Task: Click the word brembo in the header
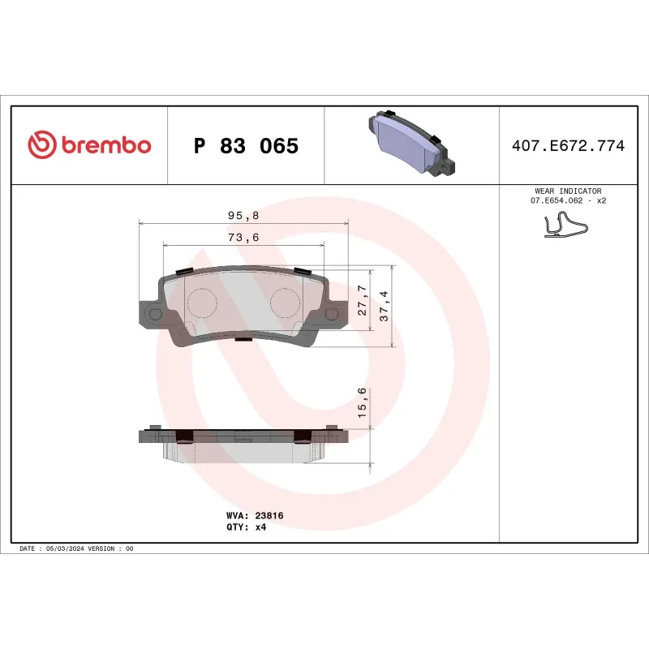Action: (105, 145)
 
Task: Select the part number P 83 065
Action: (246, 146)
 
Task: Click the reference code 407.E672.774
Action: (568, 146)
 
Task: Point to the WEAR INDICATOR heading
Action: (568, 191)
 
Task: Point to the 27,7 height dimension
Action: (363, 300)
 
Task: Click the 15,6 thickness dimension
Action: (363, 403)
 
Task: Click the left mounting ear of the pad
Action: (150, 314)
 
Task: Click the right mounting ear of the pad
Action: (333, 314)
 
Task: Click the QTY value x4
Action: (260, 527)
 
